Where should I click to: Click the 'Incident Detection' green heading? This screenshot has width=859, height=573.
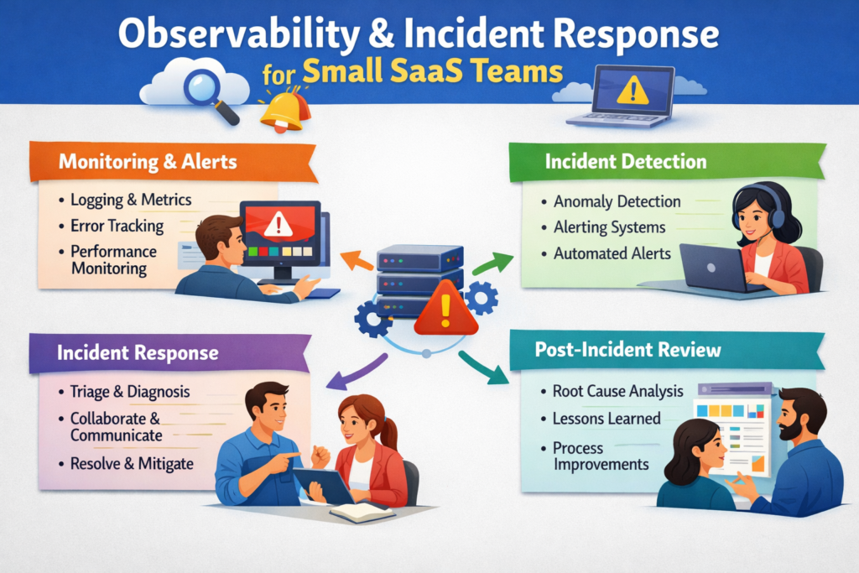click(x=625, y=161)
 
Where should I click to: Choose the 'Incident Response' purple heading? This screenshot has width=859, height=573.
click(x=138, y=352)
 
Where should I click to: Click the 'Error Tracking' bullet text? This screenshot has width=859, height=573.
click(x=117, y=226)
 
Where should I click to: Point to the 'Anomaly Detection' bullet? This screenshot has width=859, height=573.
click(x=617, y=201)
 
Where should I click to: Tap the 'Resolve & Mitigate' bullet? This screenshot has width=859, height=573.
click(x=132, y=463)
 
